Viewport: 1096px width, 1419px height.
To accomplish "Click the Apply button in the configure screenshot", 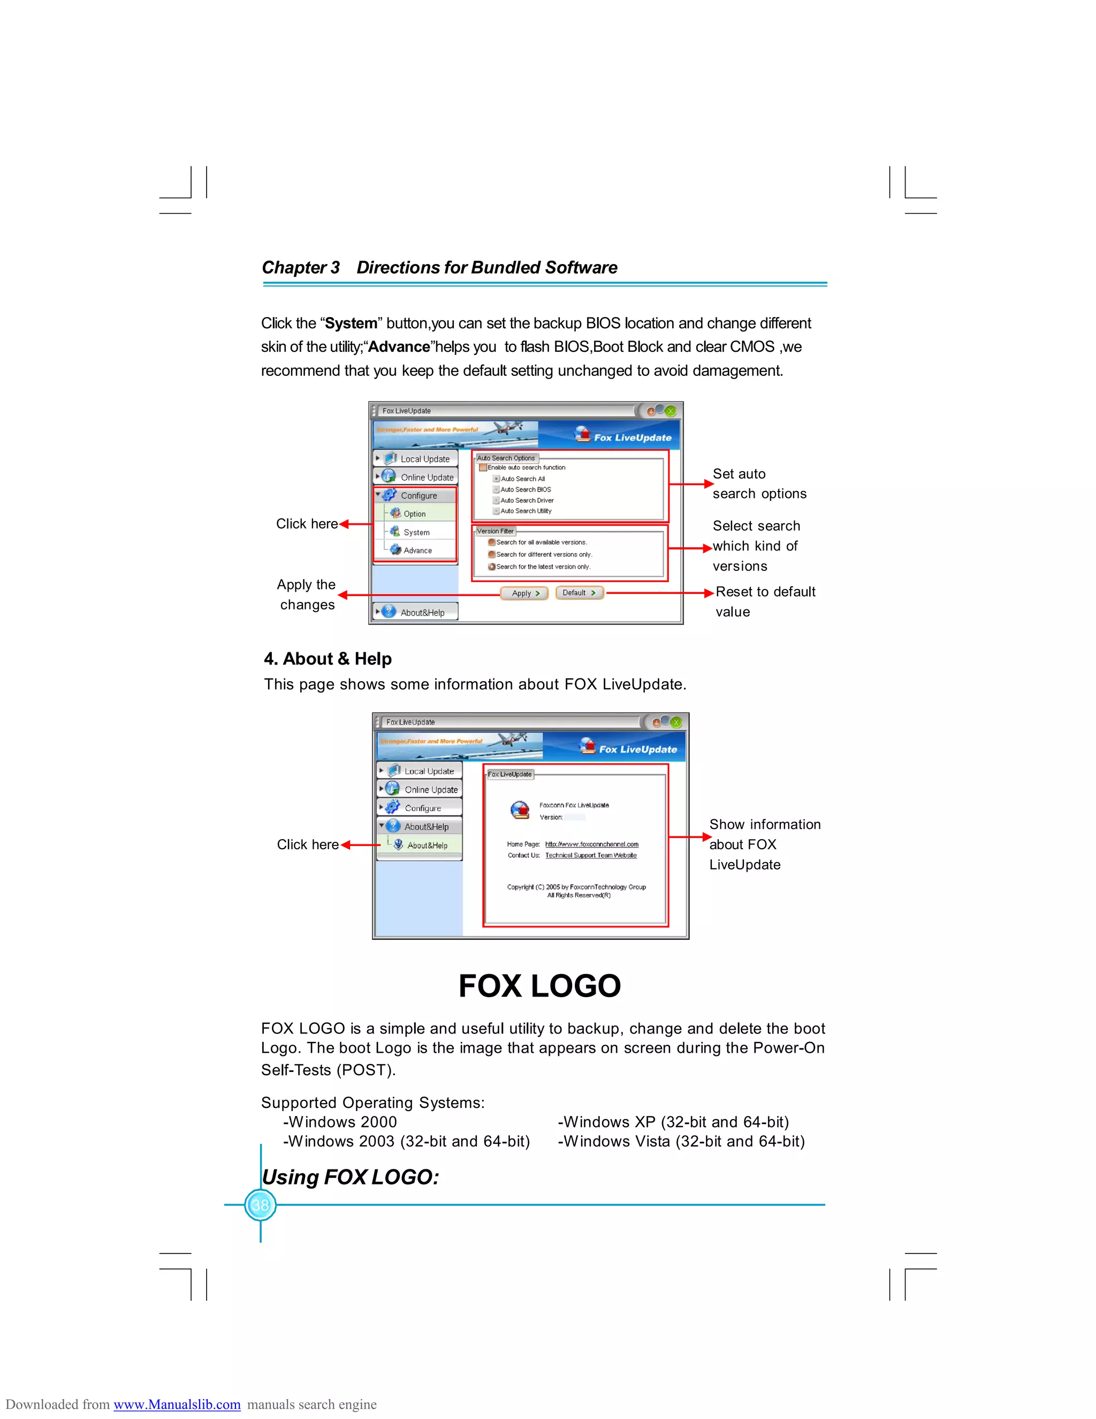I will (x=524, y=593).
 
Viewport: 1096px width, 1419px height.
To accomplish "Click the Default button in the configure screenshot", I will (x=579, y=593).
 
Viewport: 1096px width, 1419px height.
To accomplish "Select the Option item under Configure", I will (x=414, y=514).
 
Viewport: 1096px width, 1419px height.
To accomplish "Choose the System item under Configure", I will (x=416, y=532).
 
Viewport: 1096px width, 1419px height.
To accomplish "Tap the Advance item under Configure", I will (x=417, y=550).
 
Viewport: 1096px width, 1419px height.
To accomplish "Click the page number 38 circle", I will (x=261, y=1205).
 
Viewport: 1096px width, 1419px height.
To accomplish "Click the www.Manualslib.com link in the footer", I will (x=177, y=1404).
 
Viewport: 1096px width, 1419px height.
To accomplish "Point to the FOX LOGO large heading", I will (x=539, y=986).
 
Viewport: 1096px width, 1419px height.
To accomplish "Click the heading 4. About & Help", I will (x=328, y=659).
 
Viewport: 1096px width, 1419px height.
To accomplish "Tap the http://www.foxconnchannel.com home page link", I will (x=591, y=844).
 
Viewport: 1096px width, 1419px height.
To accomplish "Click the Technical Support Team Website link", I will (x=591, y=856).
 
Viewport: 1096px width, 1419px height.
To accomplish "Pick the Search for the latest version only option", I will (x=492, y=567).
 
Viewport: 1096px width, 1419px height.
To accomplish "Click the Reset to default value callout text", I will (x=765, y=602).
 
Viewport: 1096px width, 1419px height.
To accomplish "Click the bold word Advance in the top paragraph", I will (x=399, y=347).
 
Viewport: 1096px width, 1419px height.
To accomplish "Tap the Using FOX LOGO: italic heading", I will (x=351, y=1178).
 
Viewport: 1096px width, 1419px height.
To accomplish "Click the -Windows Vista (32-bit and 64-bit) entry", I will (x=681, y=1142).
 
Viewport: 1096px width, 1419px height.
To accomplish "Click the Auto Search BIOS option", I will (x=526, y=490).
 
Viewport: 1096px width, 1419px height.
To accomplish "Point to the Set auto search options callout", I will (x=759, y=484).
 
